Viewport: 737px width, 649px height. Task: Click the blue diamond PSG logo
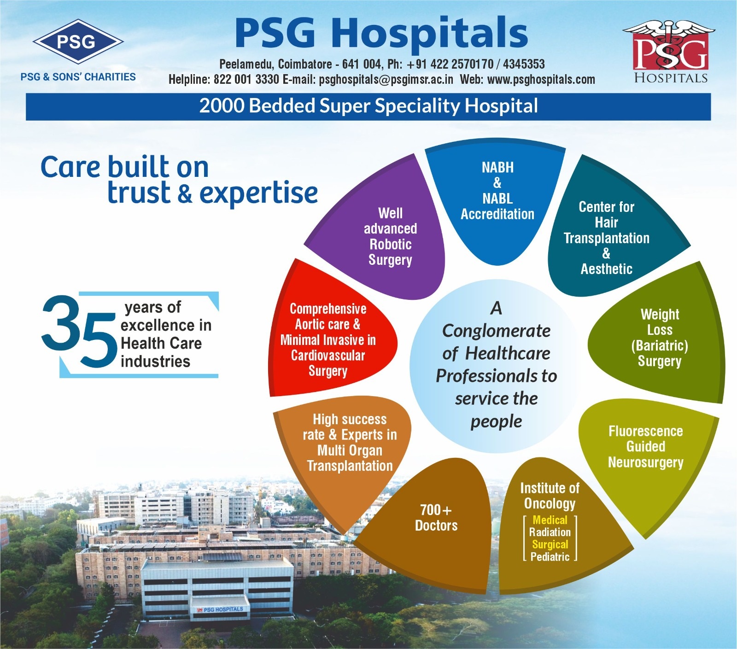(x=78, y=42)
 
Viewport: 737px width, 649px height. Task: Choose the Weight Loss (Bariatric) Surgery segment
(x=659, y=336)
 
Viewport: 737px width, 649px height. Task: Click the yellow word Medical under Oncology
(x=550, y=520)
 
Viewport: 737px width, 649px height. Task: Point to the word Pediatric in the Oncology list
(x=550, y=557)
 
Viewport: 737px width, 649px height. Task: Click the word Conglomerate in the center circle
(x=496, y=331)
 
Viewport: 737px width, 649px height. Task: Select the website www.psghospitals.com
(x=541, y=80)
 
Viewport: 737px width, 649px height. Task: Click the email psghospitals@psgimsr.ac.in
(x=386, y=80)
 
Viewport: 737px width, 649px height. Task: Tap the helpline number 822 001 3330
(x=246, y=80)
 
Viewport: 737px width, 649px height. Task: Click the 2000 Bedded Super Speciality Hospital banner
(x=368, y=106)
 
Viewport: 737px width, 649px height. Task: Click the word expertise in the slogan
(x=258, y=193)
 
